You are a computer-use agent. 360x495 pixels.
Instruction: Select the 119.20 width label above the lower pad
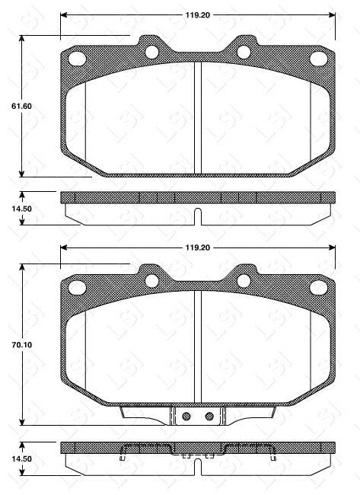point(196,247)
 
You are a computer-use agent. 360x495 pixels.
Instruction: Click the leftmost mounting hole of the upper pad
point(76,59)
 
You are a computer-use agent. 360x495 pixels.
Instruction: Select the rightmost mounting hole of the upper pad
point(317,59)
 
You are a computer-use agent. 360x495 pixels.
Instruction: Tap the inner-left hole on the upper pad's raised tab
point(151,52)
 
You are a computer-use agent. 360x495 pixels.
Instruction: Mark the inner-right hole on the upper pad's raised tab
point(244,52)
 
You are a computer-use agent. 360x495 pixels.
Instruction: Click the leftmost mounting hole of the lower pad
point(76,287)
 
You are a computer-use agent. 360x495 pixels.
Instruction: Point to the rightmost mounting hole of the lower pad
point(317,287)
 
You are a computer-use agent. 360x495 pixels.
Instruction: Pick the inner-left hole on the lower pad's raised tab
point(151,280)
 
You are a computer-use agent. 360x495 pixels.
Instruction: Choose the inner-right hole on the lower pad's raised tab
point(244,280)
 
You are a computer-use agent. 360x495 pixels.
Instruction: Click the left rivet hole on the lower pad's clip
point(184,416)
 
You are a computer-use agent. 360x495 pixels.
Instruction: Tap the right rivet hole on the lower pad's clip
point(209,416)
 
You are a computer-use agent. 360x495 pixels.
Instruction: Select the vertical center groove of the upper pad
point(197,118)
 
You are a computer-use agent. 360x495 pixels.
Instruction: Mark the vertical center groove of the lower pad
point(197,346)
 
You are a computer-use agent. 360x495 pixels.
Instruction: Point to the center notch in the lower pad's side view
point(197,466)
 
